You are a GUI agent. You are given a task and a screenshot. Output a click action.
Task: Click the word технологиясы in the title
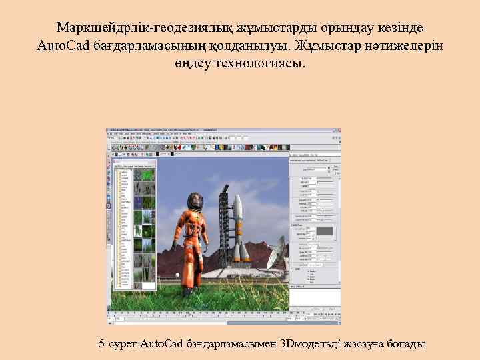[x=264, y=65]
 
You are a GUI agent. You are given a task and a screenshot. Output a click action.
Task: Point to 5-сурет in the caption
[x=117, y=344]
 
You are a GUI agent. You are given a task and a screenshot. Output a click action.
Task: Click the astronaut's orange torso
[x=189, y=230]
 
